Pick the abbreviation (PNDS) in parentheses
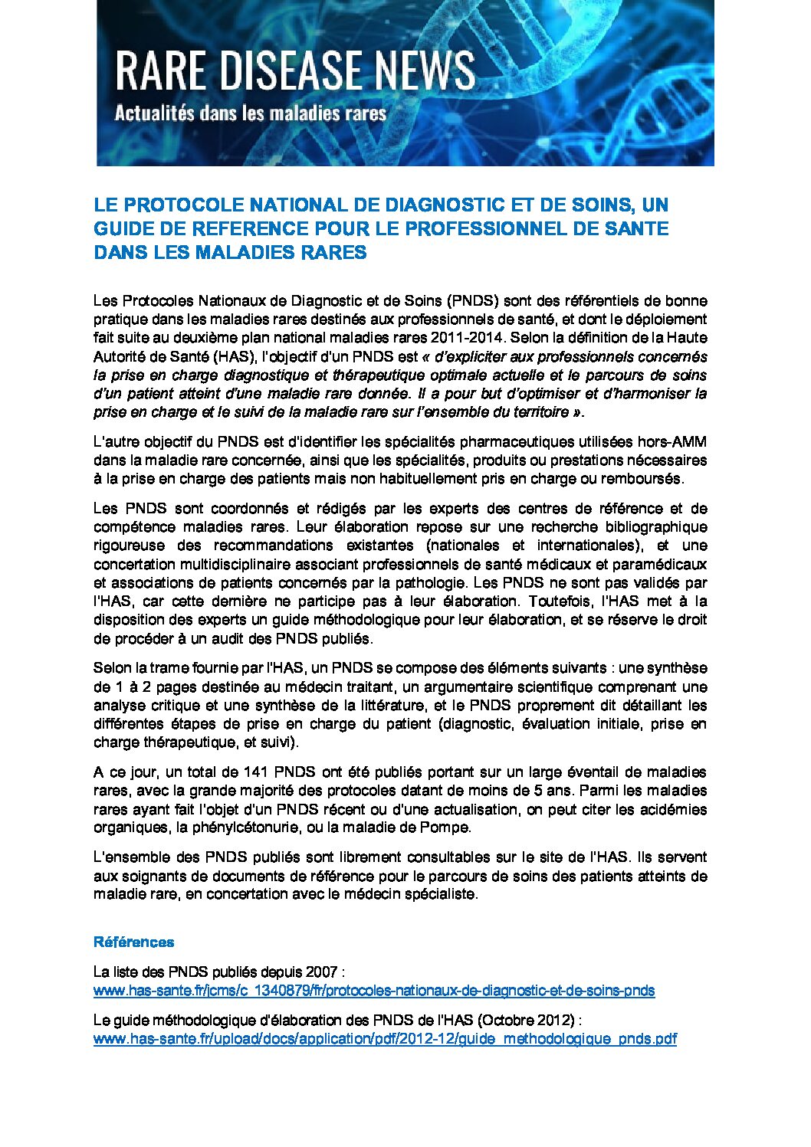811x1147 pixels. (474, 300)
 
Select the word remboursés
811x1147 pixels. (643, 479)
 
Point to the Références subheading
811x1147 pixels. (133, 942)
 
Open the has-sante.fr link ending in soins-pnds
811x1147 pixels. (374, 990)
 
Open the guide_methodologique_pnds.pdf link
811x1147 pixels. (385, 1039)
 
